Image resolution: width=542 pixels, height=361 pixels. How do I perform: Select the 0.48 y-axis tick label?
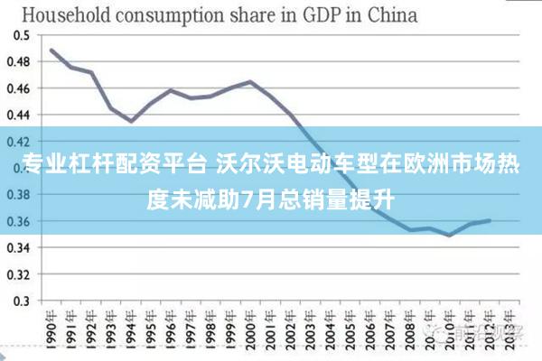[x=20, y=62]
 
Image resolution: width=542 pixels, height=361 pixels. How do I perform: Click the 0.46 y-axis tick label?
[x=20, y=88]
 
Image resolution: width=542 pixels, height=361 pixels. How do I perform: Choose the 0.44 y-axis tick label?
[x=20, y=115]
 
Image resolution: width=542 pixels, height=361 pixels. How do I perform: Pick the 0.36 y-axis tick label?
[x=20, y=221]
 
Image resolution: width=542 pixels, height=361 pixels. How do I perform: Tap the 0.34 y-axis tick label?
[x=20, y=247]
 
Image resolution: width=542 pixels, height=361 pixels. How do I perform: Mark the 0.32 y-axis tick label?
[x=20, y=274]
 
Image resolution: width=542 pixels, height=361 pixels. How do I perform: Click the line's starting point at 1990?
[x=51, y=50]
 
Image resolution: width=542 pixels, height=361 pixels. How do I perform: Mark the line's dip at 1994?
[x=131, y=121]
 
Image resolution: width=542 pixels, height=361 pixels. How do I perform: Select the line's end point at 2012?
[x=489, y=220]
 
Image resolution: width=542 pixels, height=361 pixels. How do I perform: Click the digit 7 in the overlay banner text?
[x=245, y=196]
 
